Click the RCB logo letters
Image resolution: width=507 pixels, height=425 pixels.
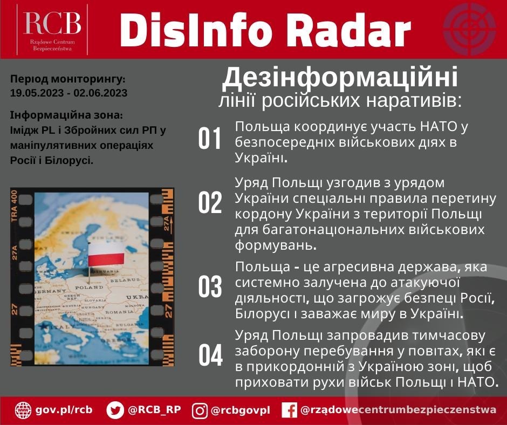52,23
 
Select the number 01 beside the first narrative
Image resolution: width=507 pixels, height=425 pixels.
210,139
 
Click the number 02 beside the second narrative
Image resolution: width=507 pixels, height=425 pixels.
210,203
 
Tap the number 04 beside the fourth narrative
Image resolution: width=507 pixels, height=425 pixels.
210,355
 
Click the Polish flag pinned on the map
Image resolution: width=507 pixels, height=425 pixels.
106,253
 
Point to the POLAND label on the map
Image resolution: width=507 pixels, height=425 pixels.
89,287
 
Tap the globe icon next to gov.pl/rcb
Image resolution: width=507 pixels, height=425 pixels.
23,410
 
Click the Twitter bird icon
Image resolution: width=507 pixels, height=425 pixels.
115,410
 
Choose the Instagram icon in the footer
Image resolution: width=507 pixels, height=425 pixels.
200,410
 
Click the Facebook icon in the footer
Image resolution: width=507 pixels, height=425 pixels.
290,410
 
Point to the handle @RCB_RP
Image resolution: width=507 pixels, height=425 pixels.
154,410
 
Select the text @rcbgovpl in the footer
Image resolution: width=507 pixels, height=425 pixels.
240,410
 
